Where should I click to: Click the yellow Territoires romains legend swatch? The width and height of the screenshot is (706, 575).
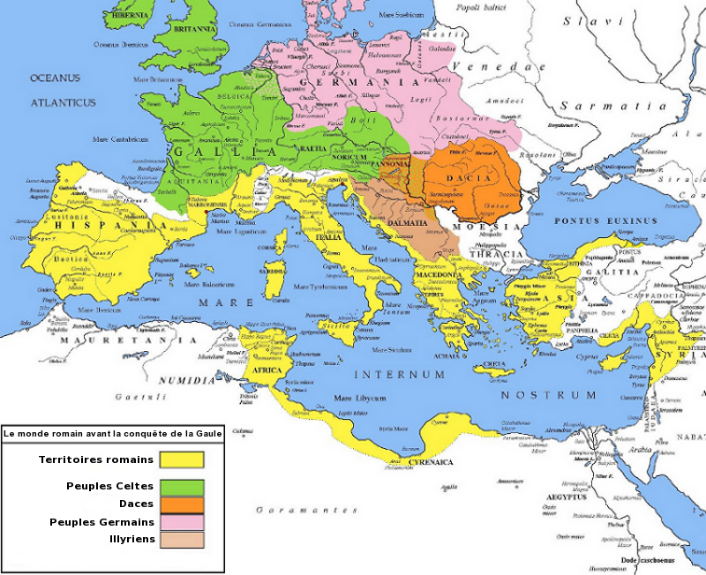(x=182, y=460)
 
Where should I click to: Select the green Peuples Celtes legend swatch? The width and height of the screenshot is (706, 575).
(x=182, y=487)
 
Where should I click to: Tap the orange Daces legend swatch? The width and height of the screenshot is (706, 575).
(x=182, y=504)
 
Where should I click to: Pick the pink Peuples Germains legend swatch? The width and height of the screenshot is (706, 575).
(x=182, y=522)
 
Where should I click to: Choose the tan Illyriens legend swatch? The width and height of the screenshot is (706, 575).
(x=182, y=540)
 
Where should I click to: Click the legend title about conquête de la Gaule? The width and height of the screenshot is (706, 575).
(x=109, y=433)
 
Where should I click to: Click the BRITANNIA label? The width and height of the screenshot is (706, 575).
(x=195, y=28)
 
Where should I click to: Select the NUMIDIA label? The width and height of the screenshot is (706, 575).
(x=186, y=380)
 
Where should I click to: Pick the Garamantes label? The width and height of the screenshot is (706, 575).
(x=306, y=510)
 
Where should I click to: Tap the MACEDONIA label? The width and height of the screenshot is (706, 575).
(x=439, y=274)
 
